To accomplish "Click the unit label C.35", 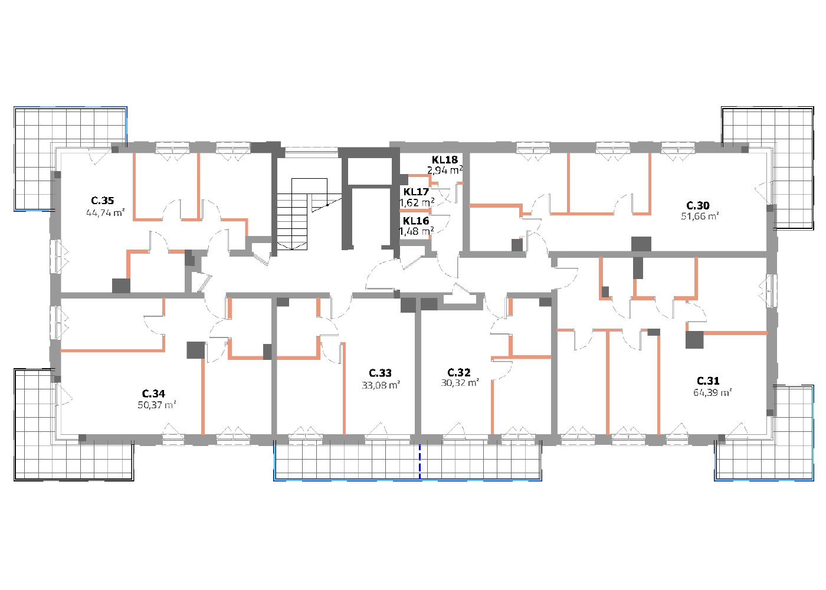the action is [x=103, y=201].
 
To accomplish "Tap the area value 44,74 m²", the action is [x=106, y=213].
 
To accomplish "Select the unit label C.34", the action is [x=153, y=394].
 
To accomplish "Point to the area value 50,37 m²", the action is [x=157, y=405].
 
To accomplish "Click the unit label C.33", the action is [x=380, y=373].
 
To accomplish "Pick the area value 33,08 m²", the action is [x=381, y=385].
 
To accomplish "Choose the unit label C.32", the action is [x=459, y=372].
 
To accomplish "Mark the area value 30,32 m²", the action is [x=460, y=383].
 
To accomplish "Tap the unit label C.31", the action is [x=708, y=381].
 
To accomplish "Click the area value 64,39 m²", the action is [x=713, y=392].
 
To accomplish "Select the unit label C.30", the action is [x=697, y=205].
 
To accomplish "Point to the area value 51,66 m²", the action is [x=700, y=216].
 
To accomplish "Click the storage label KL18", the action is [x=445, y=160].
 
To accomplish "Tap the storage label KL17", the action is [x=416, y=192].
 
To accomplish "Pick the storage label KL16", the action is [x=416, y=221].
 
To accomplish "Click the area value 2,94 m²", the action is [x=445, y=170].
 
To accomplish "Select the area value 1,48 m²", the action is [x=417, y=231].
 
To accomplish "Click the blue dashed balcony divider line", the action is [x=419, y=461].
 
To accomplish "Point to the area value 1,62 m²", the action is [x=417, y=202].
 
